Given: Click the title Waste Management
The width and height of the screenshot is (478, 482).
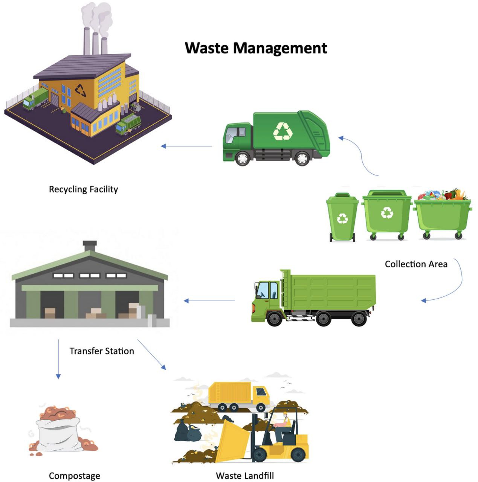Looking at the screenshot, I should pos(256,48).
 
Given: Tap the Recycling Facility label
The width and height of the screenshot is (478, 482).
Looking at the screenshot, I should pos(83,189).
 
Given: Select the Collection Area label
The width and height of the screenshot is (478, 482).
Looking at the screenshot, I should pos(416,264).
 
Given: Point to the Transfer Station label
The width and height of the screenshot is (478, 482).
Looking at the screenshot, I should pos(102,351).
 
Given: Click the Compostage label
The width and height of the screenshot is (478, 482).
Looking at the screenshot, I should pos(75,476).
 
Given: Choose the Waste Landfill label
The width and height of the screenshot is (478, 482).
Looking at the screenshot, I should pos(245,476).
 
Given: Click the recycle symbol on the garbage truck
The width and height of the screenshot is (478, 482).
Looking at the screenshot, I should pos(283,131).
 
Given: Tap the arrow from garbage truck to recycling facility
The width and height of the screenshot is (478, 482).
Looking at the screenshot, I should pos(186,146).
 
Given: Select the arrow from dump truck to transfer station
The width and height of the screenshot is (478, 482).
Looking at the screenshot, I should pos(209,300).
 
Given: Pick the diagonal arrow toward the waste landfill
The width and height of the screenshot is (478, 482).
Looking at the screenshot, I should pos(151,354).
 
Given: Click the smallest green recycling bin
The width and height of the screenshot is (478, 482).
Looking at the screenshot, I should pos(342,217).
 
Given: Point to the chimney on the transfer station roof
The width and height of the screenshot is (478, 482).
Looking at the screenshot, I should pos(90,246).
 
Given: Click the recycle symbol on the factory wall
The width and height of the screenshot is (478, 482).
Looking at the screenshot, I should pos(80,90).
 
